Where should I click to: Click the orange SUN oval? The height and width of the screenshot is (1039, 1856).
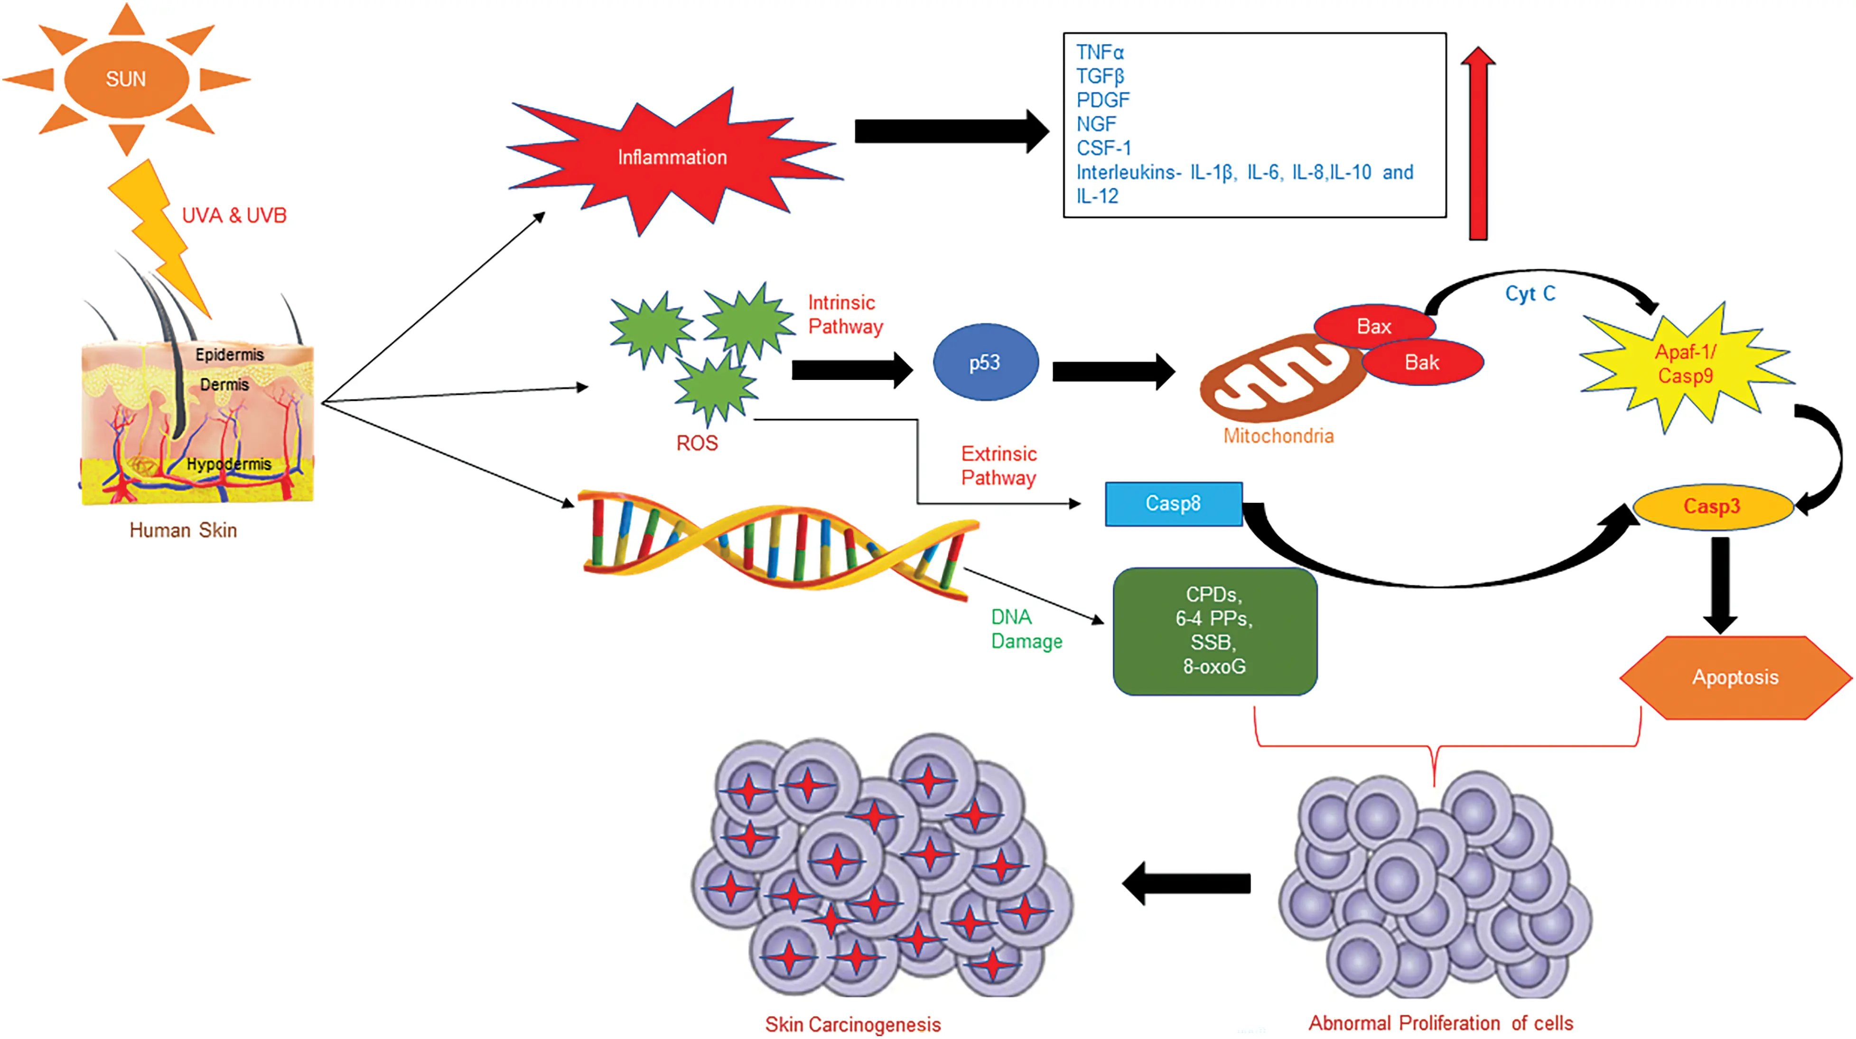point(126,79)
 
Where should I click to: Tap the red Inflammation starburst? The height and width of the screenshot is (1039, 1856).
point(672,157)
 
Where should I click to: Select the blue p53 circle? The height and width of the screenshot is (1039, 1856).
point(985,362)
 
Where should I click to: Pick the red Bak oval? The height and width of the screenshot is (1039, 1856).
point(1421,362)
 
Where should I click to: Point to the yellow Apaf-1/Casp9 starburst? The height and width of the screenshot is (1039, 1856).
point(1685,364)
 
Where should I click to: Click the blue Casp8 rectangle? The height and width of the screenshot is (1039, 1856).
point(1173,504)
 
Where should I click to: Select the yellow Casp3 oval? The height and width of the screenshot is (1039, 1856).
point(1711,507)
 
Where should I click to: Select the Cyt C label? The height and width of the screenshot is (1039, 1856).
point(1530,294)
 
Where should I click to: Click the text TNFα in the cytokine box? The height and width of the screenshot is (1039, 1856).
point(1100,53)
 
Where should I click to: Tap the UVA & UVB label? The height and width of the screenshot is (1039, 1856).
point(234,215)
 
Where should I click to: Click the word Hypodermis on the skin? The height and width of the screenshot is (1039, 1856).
point(229,464)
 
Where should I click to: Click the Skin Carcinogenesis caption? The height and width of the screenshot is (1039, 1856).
point(852,1024)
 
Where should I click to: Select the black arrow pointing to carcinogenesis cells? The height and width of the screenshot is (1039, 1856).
point(1187,883)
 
